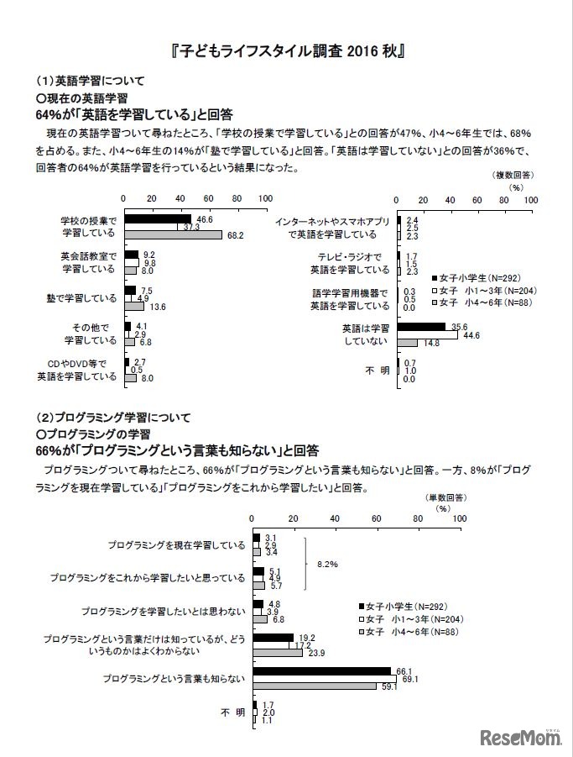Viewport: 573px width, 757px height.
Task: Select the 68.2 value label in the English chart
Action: click(x=235, y=236)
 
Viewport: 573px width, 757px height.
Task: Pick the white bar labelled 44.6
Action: click(x=427, y=334)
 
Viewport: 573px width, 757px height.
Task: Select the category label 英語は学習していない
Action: click(x=367, y=334)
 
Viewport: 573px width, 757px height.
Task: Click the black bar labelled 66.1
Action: click(x=321, y=670)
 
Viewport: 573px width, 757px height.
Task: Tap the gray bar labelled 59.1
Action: click(x=315, y=686)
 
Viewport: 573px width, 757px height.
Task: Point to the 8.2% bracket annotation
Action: click(x=327, y=565)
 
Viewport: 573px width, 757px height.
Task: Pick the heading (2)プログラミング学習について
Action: click(x=113, y=416)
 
